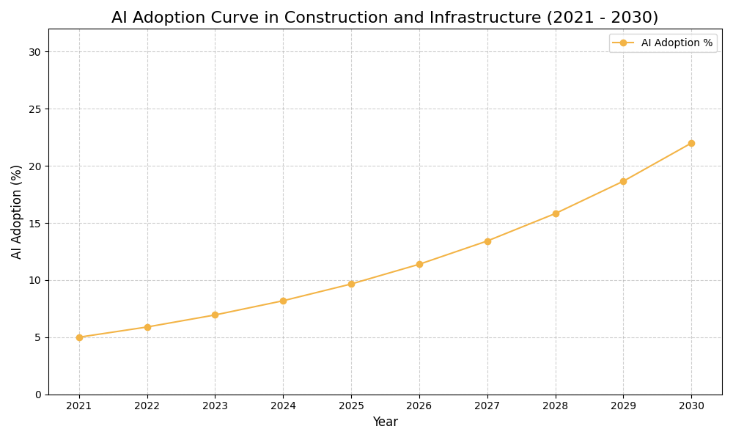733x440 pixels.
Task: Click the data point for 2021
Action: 79,337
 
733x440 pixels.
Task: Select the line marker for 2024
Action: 283,301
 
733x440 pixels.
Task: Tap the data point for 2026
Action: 419,264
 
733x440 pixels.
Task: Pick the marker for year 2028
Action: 556,213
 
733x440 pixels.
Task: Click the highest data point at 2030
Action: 691,143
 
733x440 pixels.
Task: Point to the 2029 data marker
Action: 623,181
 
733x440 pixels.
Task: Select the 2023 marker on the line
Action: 215,315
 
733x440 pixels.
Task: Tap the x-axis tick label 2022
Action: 147,406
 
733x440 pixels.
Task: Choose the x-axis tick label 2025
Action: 351,406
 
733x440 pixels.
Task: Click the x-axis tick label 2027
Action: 487,406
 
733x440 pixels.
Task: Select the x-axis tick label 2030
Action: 691,406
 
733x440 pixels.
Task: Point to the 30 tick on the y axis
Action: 34,52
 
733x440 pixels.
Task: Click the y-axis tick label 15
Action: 34,223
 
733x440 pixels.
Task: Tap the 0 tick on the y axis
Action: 38,395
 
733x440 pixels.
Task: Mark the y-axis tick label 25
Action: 34,109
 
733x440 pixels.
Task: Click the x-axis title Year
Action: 385,422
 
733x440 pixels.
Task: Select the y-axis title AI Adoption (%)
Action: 17,211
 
